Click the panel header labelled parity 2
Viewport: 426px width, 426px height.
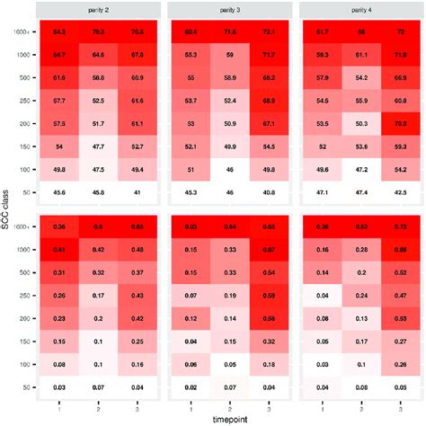[x=97, y=9]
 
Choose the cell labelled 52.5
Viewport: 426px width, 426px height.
[x=97, y=102]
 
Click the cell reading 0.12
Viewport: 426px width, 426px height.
[x=191, y=316]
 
